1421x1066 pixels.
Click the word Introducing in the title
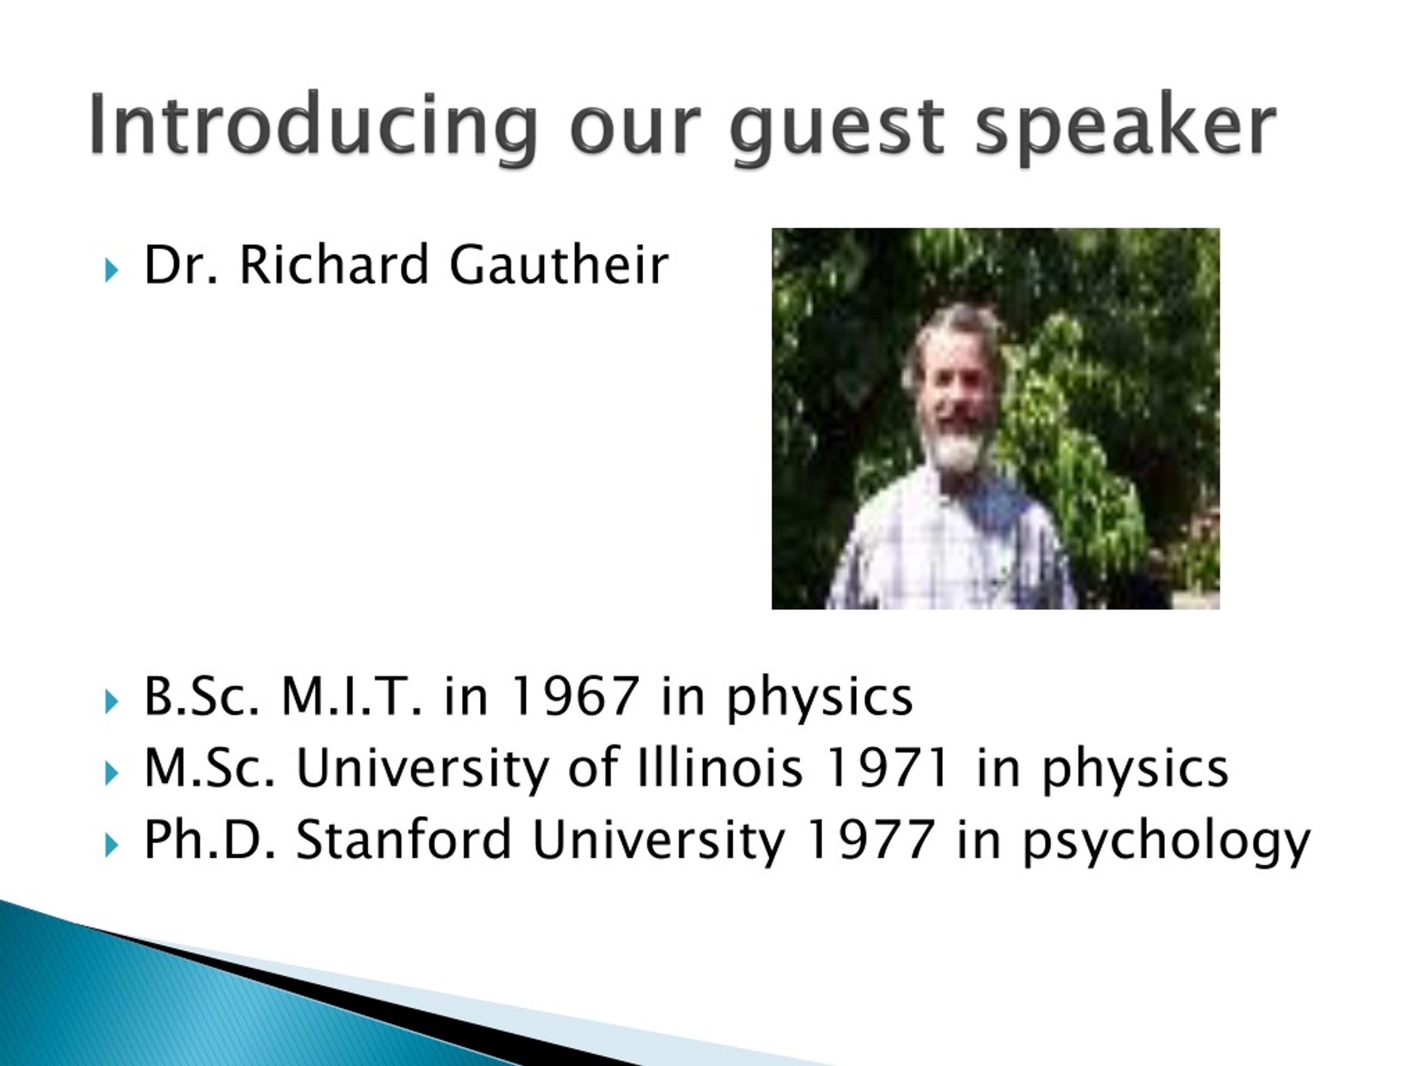[x=313, y=125]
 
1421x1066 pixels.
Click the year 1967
[x=575, y=697]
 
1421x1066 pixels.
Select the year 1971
[x=886, y=768]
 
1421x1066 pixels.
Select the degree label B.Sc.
[x=201, y=697]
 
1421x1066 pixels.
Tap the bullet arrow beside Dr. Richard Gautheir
[x=111, y=270]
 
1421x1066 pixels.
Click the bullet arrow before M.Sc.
[x=111, y=773]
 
